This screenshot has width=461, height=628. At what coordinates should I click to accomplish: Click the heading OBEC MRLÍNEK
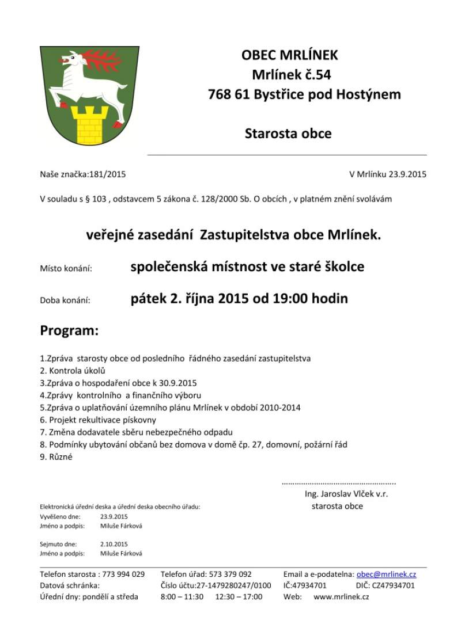point(289,55)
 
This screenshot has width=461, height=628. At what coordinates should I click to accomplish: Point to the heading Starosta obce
point(288,134)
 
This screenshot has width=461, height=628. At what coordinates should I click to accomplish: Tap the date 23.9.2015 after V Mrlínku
point(407,174)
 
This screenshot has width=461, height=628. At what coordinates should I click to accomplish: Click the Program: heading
point(69,331)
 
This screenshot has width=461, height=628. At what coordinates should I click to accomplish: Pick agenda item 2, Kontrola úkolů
point(73,371)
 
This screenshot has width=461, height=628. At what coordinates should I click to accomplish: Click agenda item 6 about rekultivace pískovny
point(98,420)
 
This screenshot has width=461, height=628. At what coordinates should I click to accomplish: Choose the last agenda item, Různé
point(56,457)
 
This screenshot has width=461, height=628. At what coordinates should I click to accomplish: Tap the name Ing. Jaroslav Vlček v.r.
point(350,494)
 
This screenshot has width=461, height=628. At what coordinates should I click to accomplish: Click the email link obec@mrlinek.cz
point(386,574)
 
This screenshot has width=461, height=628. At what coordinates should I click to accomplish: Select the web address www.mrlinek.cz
point(341,597)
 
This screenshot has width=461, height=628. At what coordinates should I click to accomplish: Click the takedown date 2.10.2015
point(114,544)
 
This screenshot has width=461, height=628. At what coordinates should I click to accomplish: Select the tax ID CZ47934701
point(392,585)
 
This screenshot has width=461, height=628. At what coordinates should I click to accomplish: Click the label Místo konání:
point(66,268)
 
